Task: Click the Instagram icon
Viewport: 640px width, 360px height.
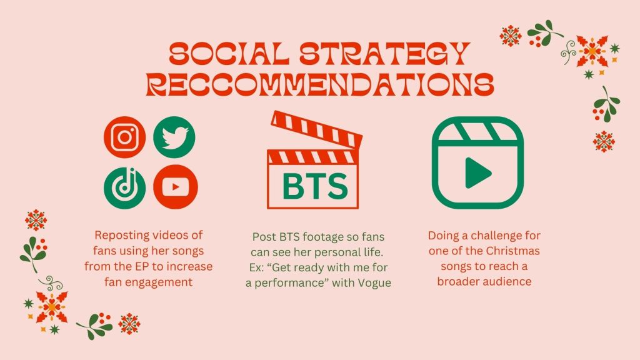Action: [124, 137]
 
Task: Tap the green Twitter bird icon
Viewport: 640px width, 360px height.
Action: [174, 137]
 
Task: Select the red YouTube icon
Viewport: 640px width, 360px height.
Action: [176, 187]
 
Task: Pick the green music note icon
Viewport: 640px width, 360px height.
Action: [124, 188]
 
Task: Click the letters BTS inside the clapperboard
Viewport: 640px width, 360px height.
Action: [315, 186]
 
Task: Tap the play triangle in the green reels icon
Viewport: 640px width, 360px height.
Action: [477, 173]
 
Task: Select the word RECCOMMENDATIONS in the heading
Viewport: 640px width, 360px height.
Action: [320, 84]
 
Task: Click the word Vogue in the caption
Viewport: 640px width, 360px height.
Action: [374, 283]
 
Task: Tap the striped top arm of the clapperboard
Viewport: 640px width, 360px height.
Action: [317, 129]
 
